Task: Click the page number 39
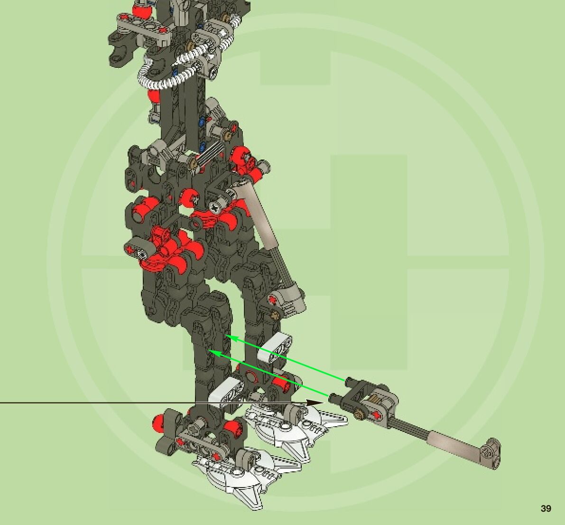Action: tap(546, 508)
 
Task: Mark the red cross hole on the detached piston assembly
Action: tap(377, 415)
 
